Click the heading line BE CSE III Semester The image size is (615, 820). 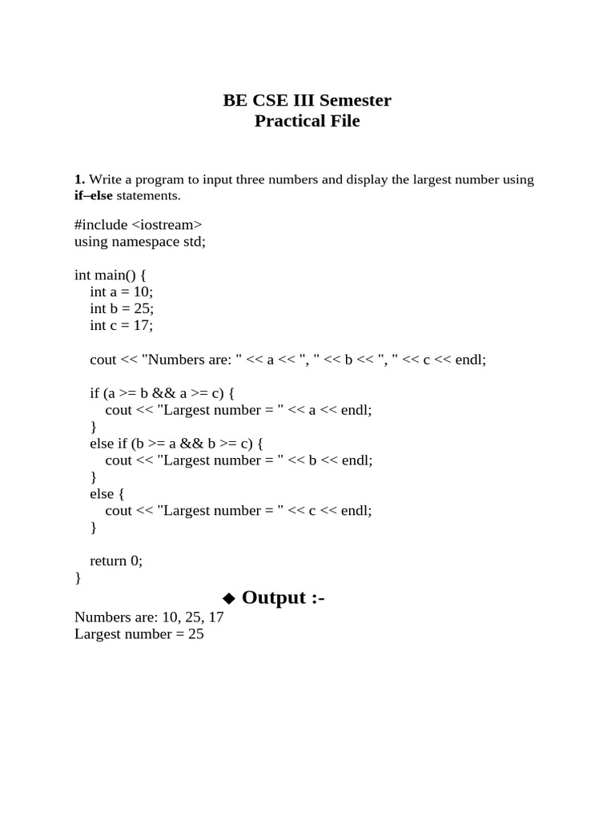[x=307, y=100]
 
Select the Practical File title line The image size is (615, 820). [x=307, y=121]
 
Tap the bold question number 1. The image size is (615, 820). [x=79, y=179]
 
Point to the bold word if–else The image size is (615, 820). [x=94, y=195]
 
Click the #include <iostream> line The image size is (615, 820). [x=138, y=225]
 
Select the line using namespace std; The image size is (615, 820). [x=140, y=241]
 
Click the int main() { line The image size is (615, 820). [x=116, y=275]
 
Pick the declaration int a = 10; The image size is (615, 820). [x=121, y=291]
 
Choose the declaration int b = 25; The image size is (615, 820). [x=122, y=308]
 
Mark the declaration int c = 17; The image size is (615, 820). [x=121, y=325]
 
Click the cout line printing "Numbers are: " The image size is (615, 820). [x=287, y=360]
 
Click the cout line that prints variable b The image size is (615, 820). [x=239, y=460]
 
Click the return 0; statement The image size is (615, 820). [x=116, y=561]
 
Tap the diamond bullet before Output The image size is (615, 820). [x=229, y=598]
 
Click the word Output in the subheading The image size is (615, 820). [x=274, y=597]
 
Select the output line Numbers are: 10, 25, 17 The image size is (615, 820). [x=149, y=617]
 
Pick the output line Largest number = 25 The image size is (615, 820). [x=139, y=633]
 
